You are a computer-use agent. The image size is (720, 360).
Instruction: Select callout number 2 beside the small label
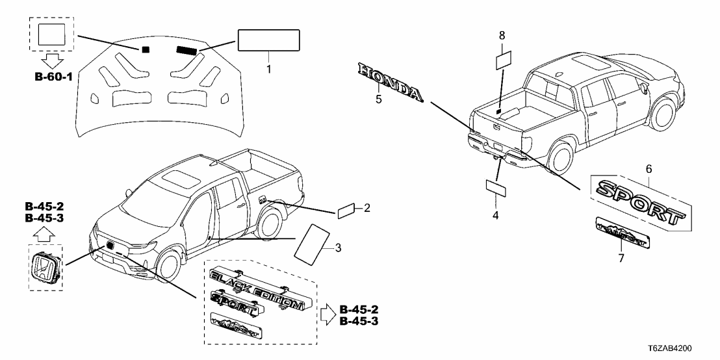[366, 208]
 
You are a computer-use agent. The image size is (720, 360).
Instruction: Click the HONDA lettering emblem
[390, 83]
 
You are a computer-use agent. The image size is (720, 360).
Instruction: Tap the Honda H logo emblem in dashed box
[46, 268]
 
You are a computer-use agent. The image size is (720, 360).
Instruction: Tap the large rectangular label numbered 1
[269, 40]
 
